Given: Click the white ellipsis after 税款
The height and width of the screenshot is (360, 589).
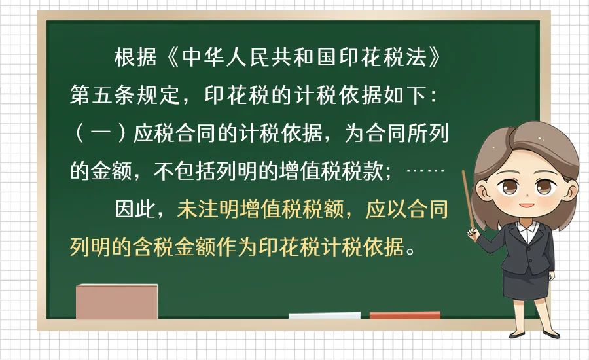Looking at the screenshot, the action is (x=425, y=171).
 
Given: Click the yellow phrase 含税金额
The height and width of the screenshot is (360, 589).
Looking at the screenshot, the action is (x=174, y=247).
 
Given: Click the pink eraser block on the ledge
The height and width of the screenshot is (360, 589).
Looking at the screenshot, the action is (x=117, y=302).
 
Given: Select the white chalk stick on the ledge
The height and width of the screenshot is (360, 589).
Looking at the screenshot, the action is (x=325, y=315).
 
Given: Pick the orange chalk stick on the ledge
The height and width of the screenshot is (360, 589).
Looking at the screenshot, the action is (x=405, y=315).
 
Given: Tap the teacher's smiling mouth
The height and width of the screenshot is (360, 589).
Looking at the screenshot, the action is (x=527, y=205).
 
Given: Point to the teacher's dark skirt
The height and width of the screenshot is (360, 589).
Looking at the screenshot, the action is (x=526, y=283).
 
